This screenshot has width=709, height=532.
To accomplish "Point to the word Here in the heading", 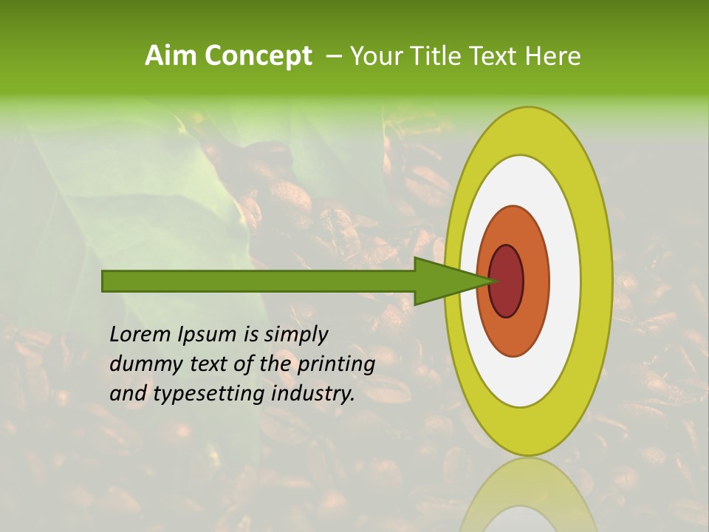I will [x=554, y=56].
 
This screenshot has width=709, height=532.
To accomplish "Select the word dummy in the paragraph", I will [x=141, y=364].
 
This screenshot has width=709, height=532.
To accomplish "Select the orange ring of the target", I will [x=536, y=281].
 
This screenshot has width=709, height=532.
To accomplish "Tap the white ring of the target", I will [x=565, y=281].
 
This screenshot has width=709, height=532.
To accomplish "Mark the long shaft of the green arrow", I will [x=258, y=281].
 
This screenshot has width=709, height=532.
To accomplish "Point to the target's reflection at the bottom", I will [x=529, y=502].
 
